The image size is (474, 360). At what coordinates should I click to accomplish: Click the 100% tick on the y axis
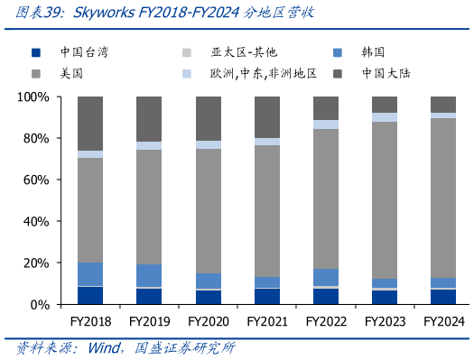(x=32, y=97)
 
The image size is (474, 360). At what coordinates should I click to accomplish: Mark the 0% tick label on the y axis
(x=38, y=304)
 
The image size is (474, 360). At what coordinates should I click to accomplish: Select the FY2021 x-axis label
(x=267, y=320)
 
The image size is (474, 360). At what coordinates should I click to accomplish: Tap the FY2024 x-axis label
(x=443, y=320)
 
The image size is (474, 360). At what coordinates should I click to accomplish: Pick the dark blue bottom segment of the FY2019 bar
(x=149, y=297)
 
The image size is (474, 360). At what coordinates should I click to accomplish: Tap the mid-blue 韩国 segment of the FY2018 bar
(x=90, y=274)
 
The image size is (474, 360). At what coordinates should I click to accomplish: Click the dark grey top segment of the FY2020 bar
(x=209, y=118)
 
